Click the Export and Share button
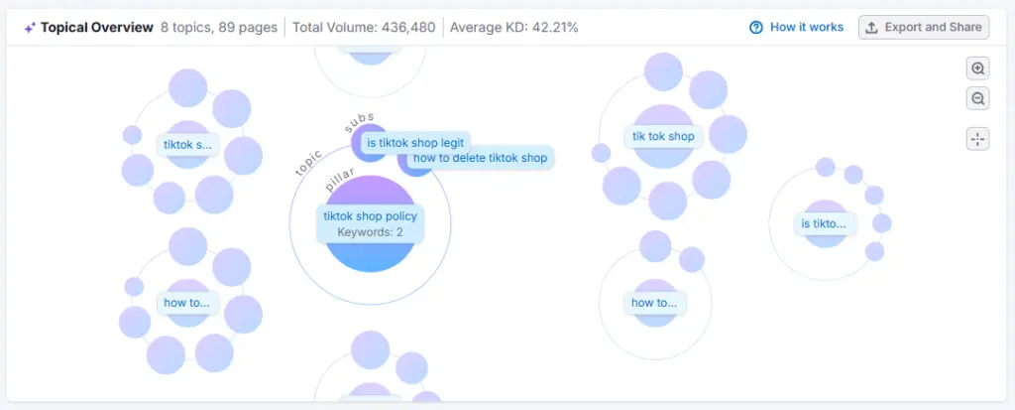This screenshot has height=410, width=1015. point(923,27)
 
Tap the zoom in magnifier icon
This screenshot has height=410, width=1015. point(978,68)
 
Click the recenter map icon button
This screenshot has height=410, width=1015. point(978,139)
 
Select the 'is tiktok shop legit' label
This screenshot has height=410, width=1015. point(415,143)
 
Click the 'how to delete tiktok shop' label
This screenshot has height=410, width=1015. point(480,158)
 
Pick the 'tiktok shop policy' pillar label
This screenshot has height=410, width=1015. point(370,216)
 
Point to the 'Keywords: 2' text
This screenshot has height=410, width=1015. point(370,232)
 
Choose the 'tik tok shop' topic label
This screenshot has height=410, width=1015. point(663,136)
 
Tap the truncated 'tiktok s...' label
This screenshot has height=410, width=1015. point(188,145)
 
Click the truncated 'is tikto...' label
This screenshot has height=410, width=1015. point(824,223)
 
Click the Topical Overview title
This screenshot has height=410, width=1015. point(97,27)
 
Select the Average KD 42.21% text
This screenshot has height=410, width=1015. point(513,27)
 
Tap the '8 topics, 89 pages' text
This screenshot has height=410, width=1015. point(218,27)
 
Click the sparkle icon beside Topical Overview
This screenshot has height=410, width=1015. point(29,27)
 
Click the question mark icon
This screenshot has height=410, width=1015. point(756,27)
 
